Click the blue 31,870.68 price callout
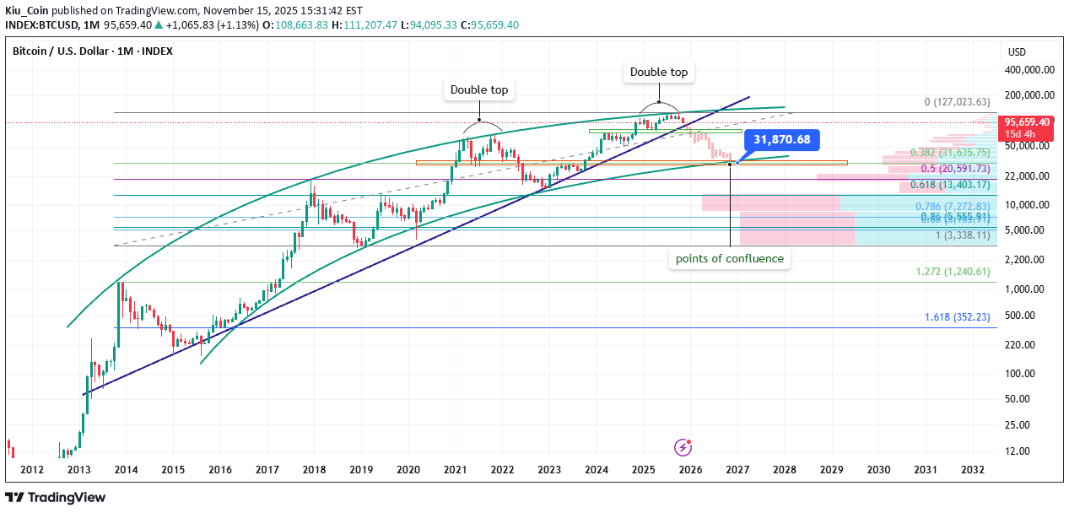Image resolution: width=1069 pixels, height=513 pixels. pos(781,139)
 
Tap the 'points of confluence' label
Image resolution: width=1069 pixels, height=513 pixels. pos(730,259)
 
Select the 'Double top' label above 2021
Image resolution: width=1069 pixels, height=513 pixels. pos(479,89)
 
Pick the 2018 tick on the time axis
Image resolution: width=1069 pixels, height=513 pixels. pos(314,469)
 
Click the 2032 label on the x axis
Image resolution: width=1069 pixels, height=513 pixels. pos(972,469)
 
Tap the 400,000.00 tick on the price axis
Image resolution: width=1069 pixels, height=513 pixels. pos(1028,71)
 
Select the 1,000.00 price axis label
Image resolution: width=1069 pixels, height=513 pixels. pos(1031,289)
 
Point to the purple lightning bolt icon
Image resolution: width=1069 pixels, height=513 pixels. pos(683,447)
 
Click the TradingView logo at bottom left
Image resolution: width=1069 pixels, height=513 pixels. pos(56,497)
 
